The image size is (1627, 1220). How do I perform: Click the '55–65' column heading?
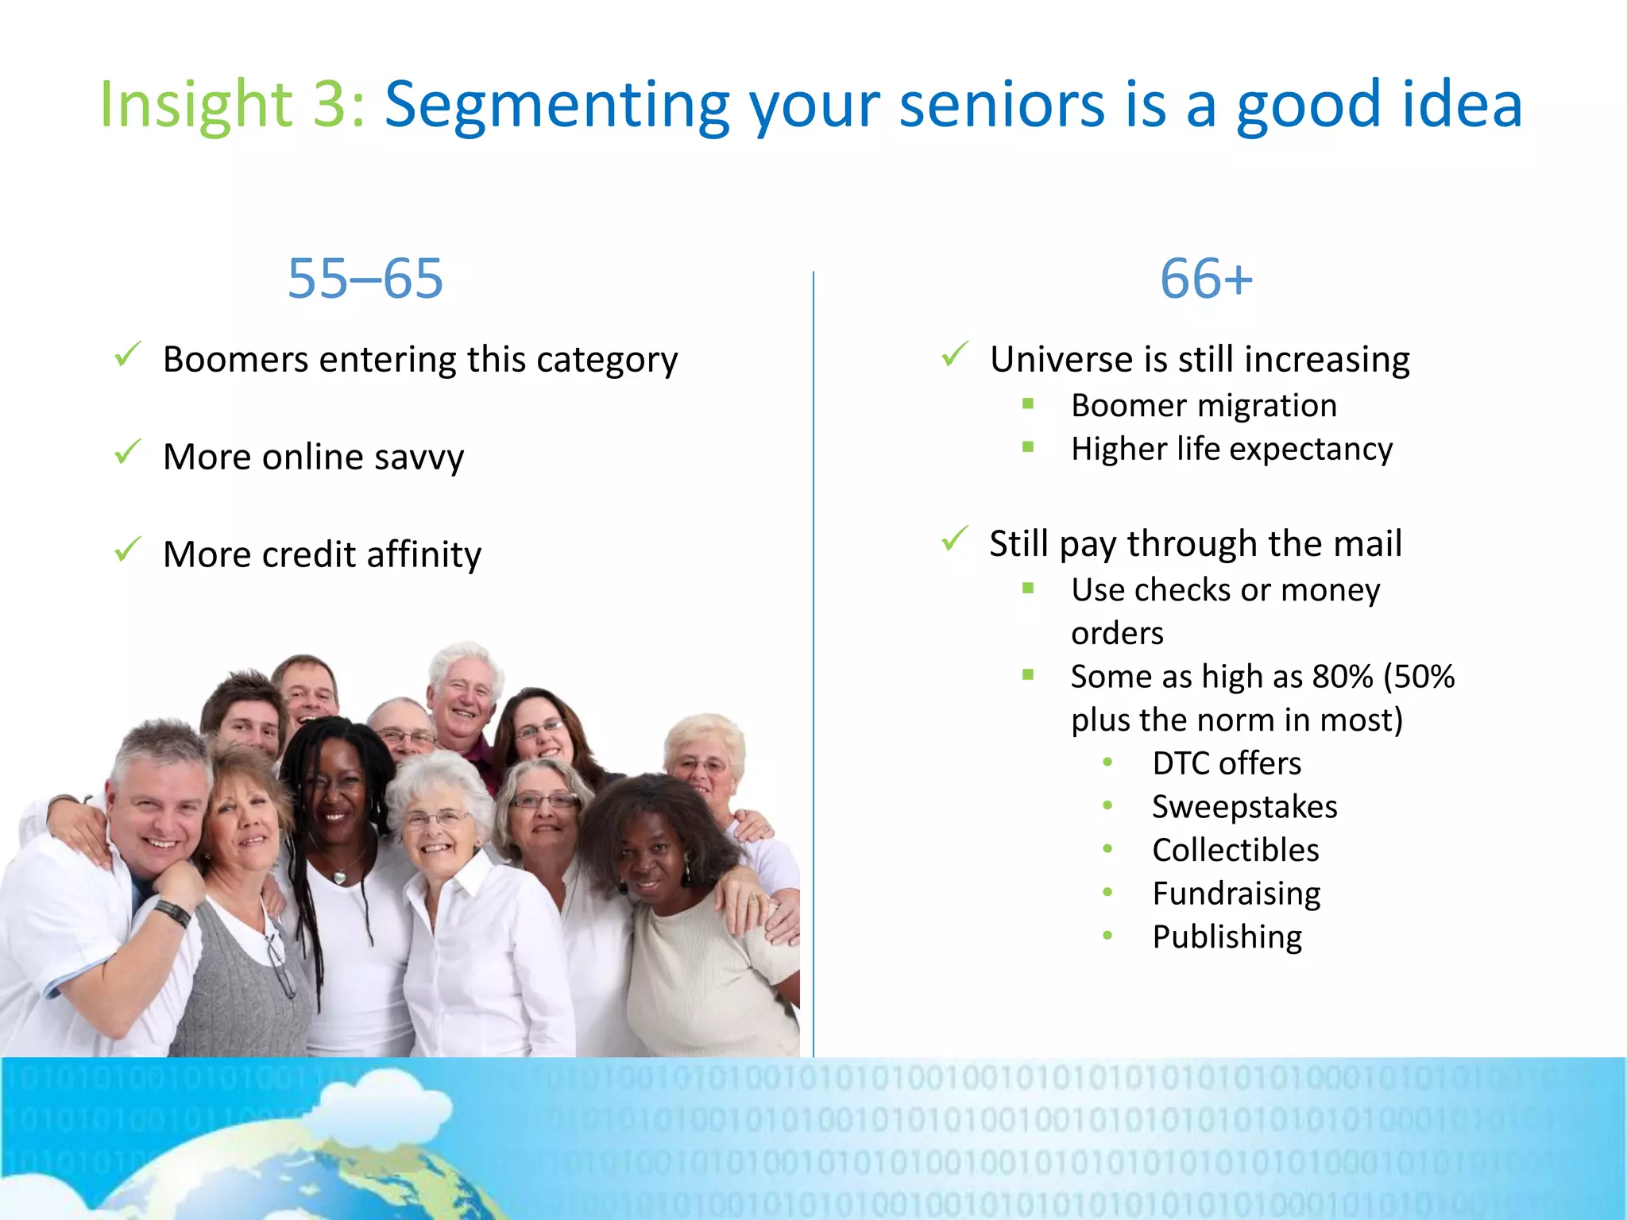pos(365,279)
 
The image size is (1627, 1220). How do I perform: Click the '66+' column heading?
pos(1205,279)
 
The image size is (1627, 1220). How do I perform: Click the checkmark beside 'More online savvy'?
pos(127,453)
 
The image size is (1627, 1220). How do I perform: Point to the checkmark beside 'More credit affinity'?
pos(127,550)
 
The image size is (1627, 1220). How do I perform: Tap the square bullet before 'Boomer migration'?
pos(1028,403)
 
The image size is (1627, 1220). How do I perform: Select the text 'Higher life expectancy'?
pos(1231,449)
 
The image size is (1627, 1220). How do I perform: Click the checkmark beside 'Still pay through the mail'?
pos(954,539)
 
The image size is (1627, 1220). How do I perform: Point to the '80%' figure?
pos(1343,677)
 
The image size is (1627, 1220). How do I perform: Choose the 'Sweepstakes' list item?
pos(1244,807)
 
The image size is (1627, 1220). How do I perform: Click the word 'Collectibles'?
pos(1235,851)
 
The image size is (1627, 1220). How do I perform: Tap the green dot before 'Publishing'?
pos(1107,936)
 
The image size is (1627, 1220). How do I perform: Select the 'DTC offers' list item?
pos(1227,763)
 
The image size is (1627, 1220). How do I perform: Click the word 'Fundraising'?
pos(1236,894)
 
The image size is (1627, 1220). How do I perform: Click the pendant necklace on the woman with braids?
pos(340,876)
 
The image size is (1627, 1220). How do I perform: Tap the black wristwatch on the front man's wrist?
pos(173,913)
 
